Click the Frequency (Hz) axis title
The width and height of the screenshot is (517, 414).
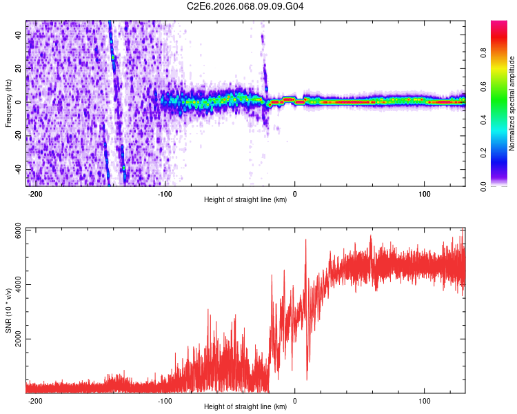point(8,103)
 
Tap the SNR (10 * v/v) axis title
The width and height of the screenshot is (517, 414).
point(8,310)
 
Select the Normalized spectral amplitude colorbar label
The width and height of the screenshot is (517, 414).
point(511,103)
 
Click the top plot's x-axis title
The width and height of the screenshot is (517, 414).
point(245,199)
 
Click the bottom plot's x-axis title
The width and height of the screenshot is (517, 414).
point(245,406)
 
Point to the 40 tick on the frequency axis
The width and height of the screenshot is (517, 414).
point(19,35)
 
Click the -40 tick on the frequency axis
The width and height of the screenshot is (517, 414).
point(17,170)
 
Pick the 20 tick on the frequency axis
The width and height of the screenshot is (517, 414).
point(19,69)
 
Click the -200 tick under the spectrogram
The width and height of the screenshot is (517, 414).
point(34,193)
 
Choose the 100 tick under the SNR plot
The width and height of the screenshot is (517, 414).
point(425,400)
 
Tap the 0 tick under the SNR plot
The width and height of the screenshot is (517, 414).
point(295,400)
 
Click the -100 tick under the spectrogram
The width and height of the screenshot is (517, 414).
point(165,193)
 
